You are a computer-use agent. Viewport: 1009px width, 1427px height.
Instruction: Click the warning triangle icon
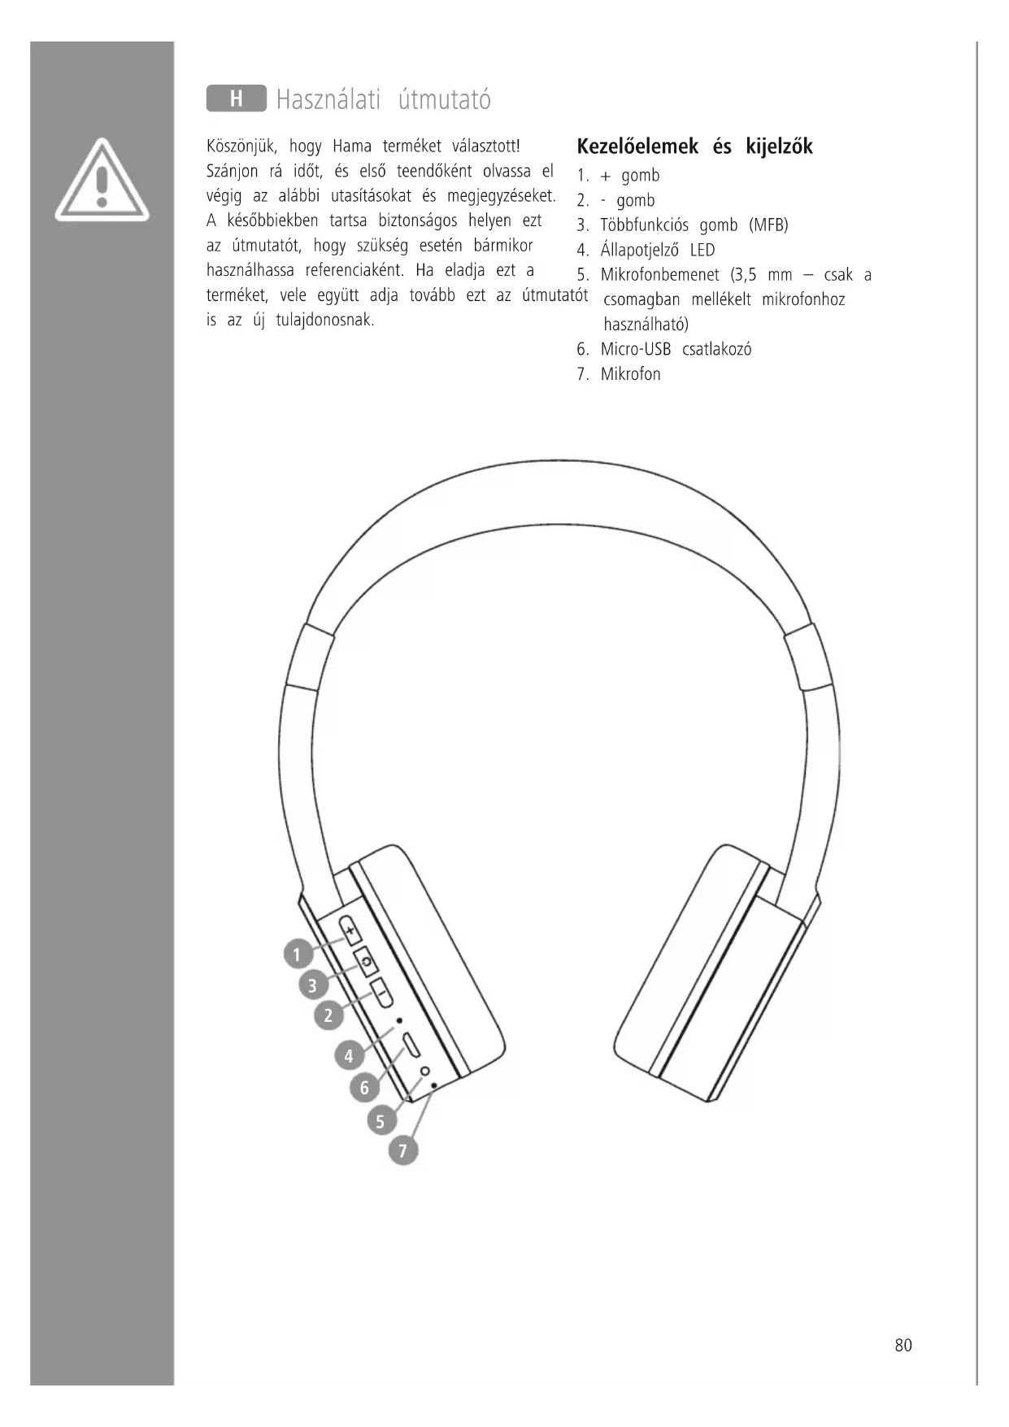102,181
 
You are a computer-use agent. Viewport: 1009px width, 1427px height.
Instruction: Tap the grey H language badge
236,98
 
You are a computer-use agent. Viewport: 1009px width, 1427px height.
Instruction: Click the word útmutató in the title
445,100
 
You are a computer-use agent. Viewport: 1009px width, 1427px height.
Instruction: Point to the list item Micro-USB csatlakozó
675,350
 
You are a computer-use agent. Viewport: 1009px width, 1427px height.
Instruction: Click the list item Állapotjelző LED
657,250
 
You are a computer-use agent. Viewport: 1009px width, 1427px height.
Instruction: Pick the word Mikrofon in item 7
630,374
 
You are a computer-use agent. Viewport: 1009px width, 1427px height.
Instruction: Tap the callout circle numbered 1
298,954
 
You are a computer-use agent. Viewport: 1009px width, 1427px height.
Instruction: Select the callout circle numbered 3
312,985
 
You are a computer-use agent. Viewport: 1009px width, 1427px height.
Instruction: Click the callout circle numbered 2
328,1015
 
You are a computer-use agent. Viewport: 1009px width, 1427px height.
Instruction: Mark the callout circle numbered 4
349,1056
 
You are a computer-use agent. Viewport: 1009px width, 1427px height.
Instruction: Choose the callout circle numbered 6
364,1087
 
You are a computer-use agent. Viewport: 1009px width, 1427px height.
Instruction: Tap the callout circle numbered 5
380,1121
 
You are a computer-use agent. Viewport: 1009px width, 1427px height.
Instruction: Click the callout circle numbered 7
402,1150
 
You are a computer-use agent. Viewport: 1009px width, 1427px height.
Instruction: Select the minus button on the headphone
381,993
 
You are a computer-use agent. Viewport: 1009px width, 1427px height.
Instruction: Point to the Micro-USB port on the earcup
411,1045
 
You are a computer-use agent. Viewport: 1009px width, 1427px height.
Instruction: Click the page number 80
902,1345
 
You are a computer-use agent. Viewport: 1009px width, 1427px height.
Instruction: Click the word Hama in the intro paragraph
351,146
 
